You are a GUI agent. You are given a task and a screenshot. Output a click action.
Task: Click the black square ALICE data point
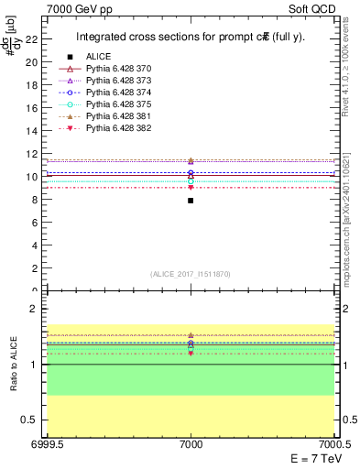pos(191,200)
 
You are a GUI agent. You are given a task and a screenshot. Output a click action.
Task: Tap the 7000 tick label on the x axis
pos(191,444)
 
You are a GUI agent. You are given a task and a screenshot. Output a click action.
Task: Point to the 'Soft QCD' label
pos(313,7)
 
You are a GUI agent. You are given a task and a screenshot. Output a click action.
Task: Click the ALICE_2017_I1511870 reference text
pos(191,274)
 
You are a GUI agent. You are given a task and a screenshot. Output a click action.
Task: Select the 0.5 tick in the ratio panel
pos(33,420)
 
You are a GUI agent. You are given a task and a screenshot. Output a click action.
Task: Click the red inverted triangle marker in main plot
pos(191,188)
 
